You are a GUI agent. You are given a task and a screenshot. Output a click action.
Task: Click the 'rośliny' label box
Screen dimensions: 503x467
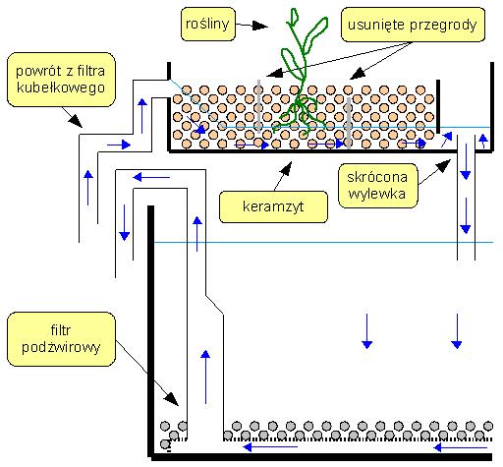pyautogui.click(x=208, y=25)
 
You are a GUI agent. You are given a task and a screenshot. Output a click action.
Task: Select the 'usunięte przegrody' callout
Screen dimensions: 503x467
pyautogui.click(x=413, y=25)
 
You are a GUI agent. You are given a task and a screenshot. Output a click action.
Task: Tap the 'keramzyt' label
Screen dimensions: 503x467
pyautogui.click(x=273, y=206)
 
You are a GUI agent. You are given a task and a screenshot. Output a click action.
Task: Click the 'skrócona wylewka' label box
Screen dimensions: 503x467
pyautogui.click(x=377, y=186)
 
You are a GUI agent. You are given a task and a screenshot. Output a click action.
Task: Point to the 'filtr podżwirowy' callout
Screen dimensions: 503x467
pyautogui.click(x=61, y=339)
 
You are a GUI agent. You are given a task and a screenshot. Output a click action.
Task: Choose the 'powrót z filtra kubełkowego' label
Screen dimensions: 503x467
pyautogui.click(x=61, y=80)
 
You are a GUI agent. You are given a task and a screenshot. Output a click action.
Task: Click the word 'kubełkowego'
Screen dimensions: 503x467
pyautogui.click(x=61, y=88)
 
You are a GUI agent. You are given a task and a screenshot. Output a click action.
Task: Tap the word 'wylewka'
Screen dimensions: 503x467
pyautogui.click(x=377, y=194)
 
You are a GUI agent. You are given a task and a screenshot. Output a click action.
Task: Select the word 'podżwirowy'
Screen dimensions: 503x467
pyautogui.click(x=61, y=347)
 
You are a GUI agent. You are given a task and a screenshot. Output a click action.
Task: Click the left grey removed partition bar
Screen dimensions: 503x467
pyautogui.click(x=259, y=106)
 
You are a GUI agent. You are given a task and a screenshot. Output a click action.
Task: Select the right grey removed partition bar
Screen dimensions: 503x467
pyautogui.click(x=349, y=123)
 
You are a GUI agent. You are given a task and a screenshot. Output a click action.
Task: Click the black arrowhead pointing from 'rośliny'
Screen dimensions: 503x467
pyautogui.click(x=260, y=26)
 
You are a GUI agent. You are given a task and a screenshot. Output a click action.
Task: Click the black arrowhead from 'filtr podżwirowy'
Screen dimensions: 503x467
pyautogui.click(x=171, y=399)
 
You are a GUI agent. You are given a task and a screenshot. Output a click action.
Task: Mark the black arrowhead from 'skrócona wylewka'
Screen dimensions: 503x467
pyautogui.click(x=444, y=165)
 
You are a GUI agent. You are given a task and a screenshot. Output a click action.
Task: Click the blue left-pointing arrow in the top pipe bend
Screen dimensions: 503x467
pyautogui.click(x=151, y=178)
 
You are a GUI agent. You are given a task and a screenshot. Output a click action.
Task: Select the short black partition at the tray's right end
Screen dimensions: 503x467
pyautogui.click(x=438, y=106)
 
